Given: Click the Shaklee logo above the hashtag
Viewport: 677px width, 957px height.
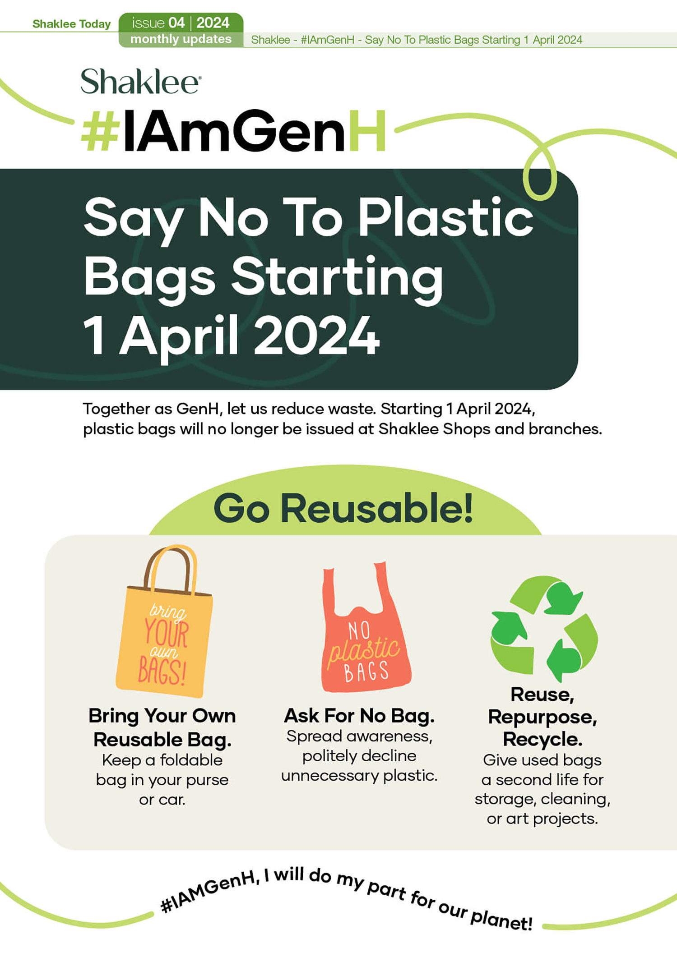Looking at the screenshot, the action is coord(141,81).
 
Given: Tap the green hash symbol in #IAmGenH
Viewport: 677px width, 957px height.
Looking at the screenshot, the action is coord(100,131).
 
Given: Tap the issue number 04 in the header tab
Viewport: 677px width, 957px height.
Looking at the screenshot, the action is coord(176,23).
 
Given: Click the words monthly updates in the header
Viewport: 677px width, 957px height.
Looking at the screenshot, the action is coord(181,39).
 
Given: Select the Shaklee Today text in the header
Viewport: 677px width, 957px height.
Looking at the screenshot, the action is coord(71,24).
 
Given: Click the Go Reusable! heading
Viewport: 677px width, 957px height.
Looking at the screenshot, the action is coord(343,509).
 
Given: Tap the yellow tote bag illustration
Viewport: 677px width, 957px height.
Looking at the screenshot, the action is coord(164,622).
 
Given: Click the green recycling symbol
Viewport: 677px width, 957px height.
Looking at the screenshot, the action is coord(544,628).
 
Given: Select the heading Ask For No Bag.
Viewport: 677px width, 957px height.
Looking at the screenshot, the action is coord(359,716).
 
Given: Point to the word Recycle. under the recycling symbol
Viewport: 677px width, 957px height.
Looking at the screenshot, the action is coord(543,739).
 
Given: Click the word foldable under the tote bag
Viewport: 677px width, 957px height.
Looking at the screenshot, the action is coord(191,760).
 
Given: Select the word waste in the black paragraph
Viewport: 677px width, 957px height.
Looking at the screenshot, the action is coord(352,409).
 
